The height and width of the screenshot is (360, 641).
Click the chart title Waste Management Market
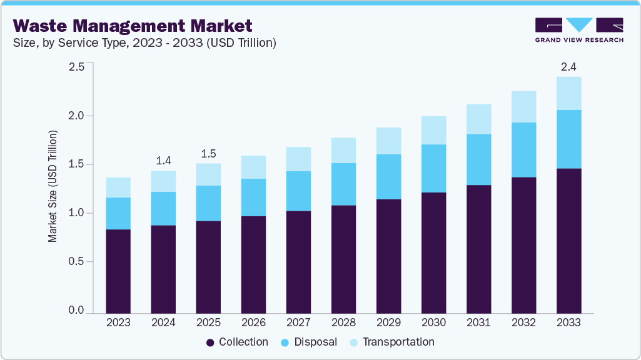click(133, 26)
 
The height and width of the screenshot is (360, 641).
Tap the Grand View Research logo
click(578, 29)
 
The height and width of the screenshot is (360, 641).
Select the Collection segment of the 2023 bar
click(118, 271)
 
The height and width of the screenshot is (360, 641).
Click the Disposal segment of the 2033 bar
click(568, 139)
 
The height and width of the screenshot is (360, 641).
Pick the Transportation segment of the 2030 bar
click(433, 130)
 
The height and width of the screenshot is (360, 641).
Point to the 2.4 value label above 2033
click(568, 66)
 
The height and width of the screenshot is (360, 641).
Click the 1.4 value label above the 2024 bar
click(163, 160)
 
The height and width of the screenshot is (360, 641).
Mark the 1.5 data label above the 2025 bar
click(208, 153)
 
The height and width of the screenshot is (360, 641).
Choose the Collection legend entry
click(237, 342)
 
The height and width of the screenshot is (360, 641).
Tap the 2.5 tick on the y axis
click(76, 67)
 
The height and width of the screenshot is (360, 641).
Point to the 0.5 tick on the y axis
click(76, 262)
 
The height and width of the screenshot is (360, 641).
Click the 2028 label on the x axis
click(343, 322)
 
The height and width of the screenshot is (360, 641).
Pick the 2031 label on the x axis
click(478, 322)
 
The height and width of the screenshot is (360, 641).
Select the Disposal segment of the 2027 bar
click(298, 191)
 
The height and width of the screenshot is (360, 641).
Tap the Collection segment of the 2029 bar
click(388, 256)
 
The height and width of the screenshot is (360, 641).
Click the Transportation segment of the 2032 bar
click(523, 107)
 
